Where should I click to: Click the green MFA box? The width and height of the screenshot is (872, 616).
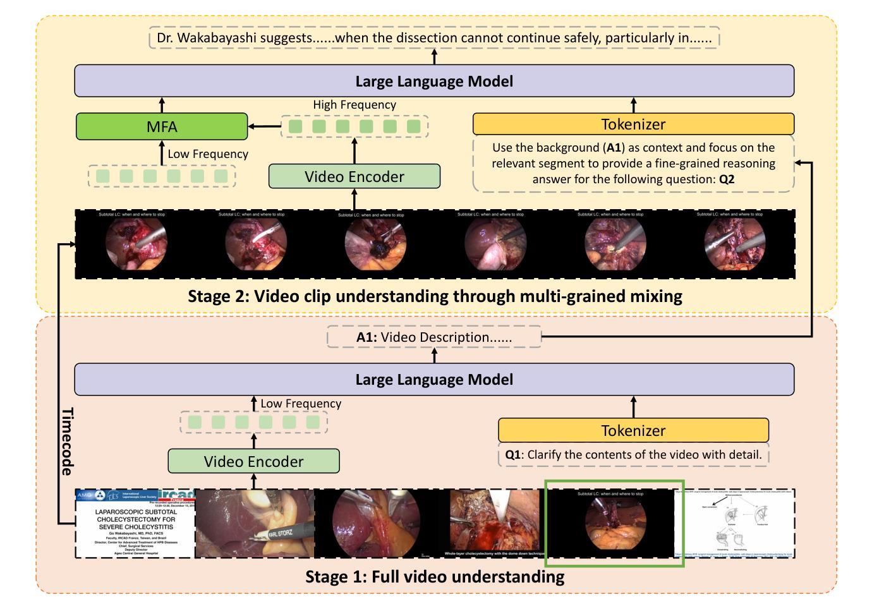point(162,126)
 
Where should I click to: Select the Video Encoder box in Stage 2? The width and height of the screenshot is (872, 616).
point(354,176)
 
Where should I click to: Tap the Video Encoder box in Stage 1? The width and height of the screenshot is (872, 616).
point(253,461)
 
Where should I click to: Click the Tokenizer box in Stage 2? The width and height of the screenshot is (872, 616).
point(633,124)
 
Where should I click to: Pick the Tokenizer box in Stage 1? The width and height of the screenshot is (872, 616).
point(633,430)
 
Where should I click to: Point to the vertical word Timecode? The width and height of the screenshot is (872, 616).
point(67,441)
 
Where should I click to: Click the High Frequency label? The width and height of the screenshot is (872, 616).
point(354,105)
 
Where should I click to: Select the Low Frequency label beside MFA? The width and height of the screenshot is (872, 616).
point(208,154)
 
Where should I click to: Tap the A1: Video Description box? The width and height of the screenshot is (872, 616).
point(434,337)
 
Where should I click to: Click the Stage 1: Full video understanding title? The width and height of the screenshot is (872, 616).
point(435,577)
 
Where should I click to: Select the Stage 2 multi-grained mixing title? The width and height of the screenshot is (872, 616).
point(435,296)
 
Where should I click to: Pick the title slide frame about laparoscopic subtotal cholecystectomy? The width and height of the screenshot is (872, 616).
point(135,523)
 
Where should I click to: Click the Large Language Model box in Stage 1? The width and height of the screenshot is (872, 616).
point(434,379)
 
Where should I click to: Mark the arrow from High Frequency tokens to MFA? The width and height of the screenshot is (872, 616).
point(264,127)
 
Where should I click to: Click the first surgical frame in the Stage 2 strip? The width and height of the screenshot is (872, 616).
point(132,244)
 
